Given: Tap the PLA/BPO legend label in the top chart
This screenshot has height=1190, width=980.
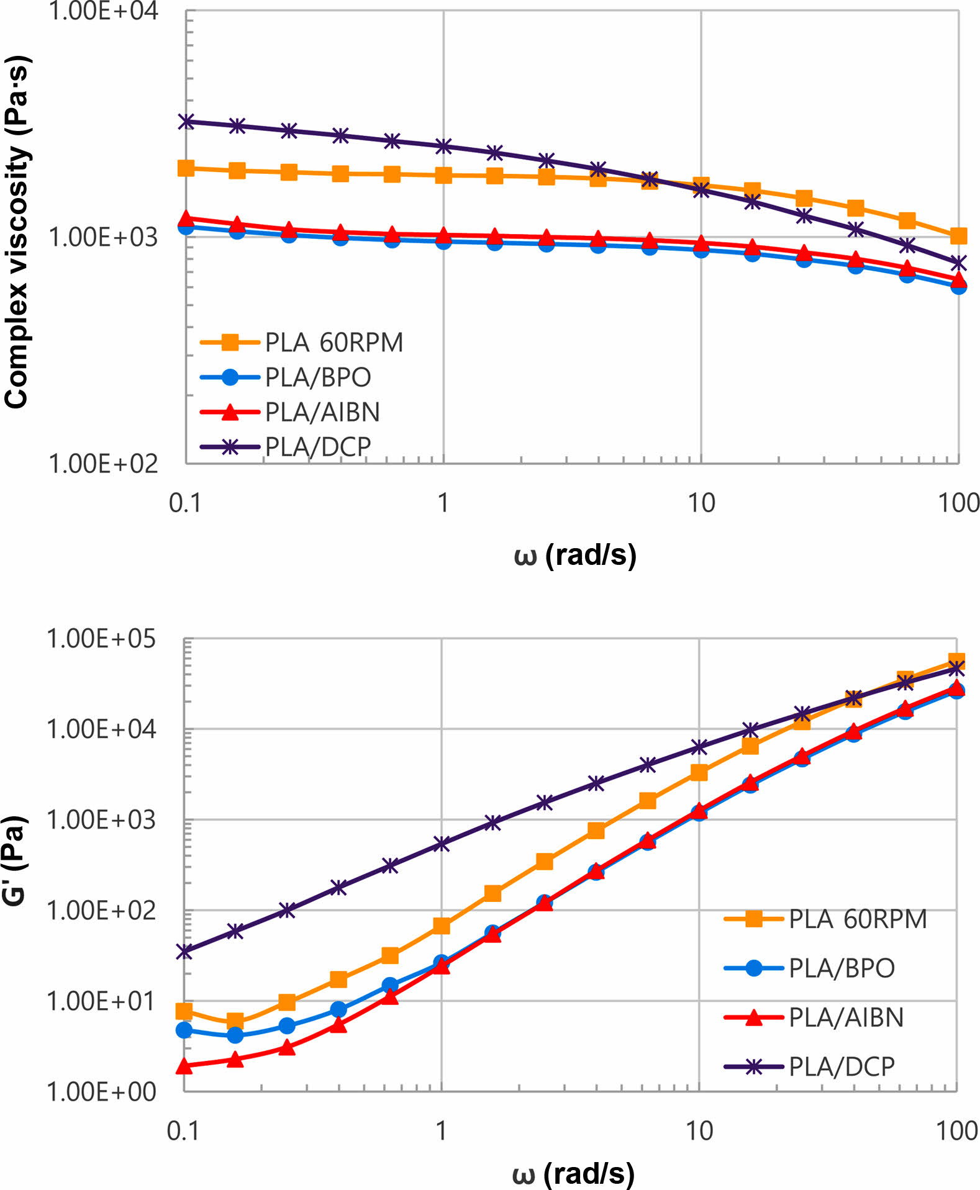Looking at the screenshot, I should pos(317,377).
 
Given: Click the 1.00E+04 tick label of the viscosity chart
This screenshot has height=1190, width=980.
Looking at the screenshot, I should pos(103,11).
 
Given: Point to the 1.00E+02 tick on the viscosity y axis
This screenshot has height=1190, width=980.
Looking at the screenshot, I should pos(103,464).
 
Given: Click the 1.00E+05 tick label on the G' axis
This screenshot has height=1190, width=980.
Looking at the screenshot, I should pos(101,639).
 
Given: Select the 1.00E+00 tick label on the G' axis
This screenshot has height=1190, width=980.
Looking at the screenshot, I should pos(101,1092).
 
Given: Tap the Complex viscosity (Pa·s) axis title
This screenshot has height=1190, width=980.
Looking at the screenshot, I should pos(17,233).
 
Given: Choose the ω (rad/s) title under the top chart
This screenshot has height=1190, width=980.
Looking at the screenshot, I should pos(575,554).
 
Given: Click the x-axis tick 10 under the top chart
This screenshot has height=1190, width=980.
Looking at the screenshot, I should pos(701,503).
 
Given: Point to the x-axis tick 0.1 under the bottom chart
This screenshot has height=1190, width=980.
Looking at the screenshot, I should pos(184,1131).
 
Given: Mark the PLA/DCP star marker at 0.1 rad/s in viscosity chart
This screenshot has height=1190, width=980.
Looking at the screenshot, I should pos(186,121).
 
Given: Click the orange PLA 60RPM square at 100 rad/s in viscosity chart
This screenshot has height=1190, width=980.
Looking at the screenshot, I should pos(958,236).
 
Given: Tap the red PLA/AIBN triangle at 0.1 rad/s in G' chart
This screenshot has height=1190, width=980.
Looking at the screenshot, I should pos(184,1066).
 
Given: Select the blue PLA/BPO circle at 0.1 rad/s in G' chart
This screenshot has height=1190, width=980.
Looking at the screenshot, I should pos(184,1030).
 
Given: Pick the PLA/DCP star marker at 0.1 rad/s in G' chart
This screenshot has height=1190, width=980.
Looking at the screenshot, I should pos(184,951).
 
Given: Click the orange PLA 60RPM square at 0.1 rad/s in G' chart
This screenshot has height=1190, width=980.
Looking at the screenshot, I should pos(184,1012).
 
